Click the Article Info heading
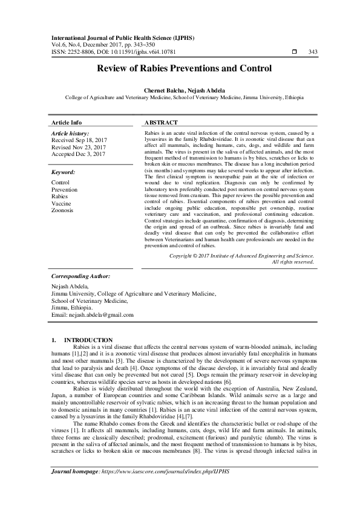[x=67, y=122]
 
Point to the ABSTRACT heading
[x=161, y=122]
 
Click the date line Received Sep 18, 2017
[x=79, y=140]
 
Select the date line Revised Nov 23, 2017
[x=79, y=147]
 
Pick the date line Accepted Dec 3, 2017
[x=79, y=154]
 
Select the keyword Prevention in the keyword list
[x=65, y=189]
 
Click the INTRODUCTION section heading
[x=88, y=340]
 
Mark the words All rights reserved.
[x=293, y=262]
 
